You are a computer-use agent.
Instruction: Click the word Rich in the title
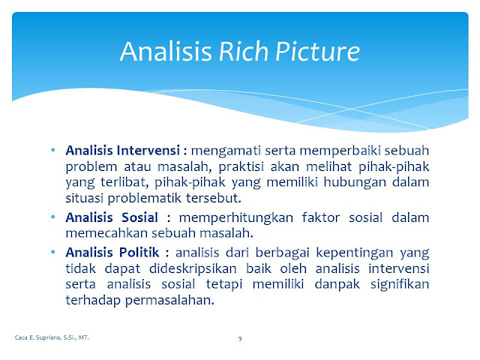[244, 51]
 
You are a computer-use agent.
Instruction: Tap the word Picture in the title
[317, 51]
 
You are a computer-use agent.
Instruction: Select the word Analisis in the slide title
[166, 51]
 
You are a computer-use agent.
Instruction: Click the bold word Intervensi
[148, 150]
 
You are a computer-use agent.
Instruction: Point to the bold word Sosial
[139, 217]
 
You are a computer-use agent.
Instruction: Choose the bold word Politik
[139, 252]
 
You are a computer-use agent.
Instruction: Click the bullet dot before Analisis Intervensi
[53, 150]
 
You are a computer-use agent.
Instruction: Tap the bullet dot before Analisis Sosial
[53, 217]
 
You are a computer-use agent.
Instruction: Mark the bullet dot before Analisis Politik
[53, 252]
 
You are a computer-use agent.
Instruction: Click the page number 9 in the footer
[240, 338]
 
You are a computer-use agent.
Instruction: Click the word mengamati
[226, 151]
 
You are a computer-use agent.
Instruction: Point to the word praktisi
[241, 166]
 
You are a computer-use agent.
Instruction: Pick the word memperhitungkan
[236, 218]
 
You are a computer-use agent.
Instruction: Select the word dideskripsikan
[193, 269]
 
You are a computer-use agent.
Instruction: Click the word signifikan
[400, 285]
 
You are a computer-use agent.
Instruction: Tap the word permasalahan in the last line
[169, 300]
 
